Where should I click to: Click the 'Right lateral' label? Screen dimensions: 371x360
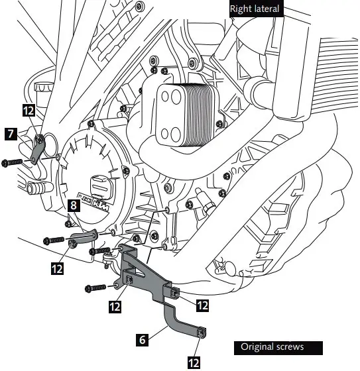256,9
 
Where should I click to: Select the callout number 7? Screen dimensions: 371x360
11,133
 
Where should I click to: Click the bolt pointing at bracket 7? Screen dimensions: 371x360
13,162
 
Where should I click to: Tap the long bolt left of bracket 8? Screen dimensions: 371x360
54,238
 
